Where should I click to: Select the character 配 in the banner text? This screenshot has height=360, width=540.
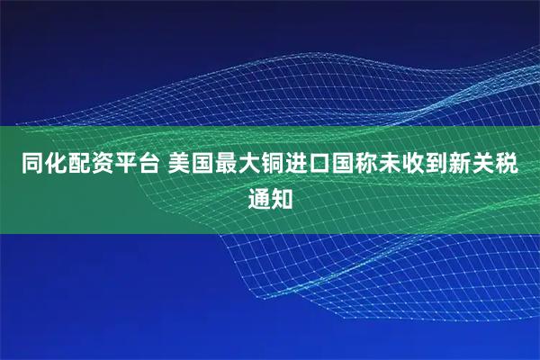coord(75,165)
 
